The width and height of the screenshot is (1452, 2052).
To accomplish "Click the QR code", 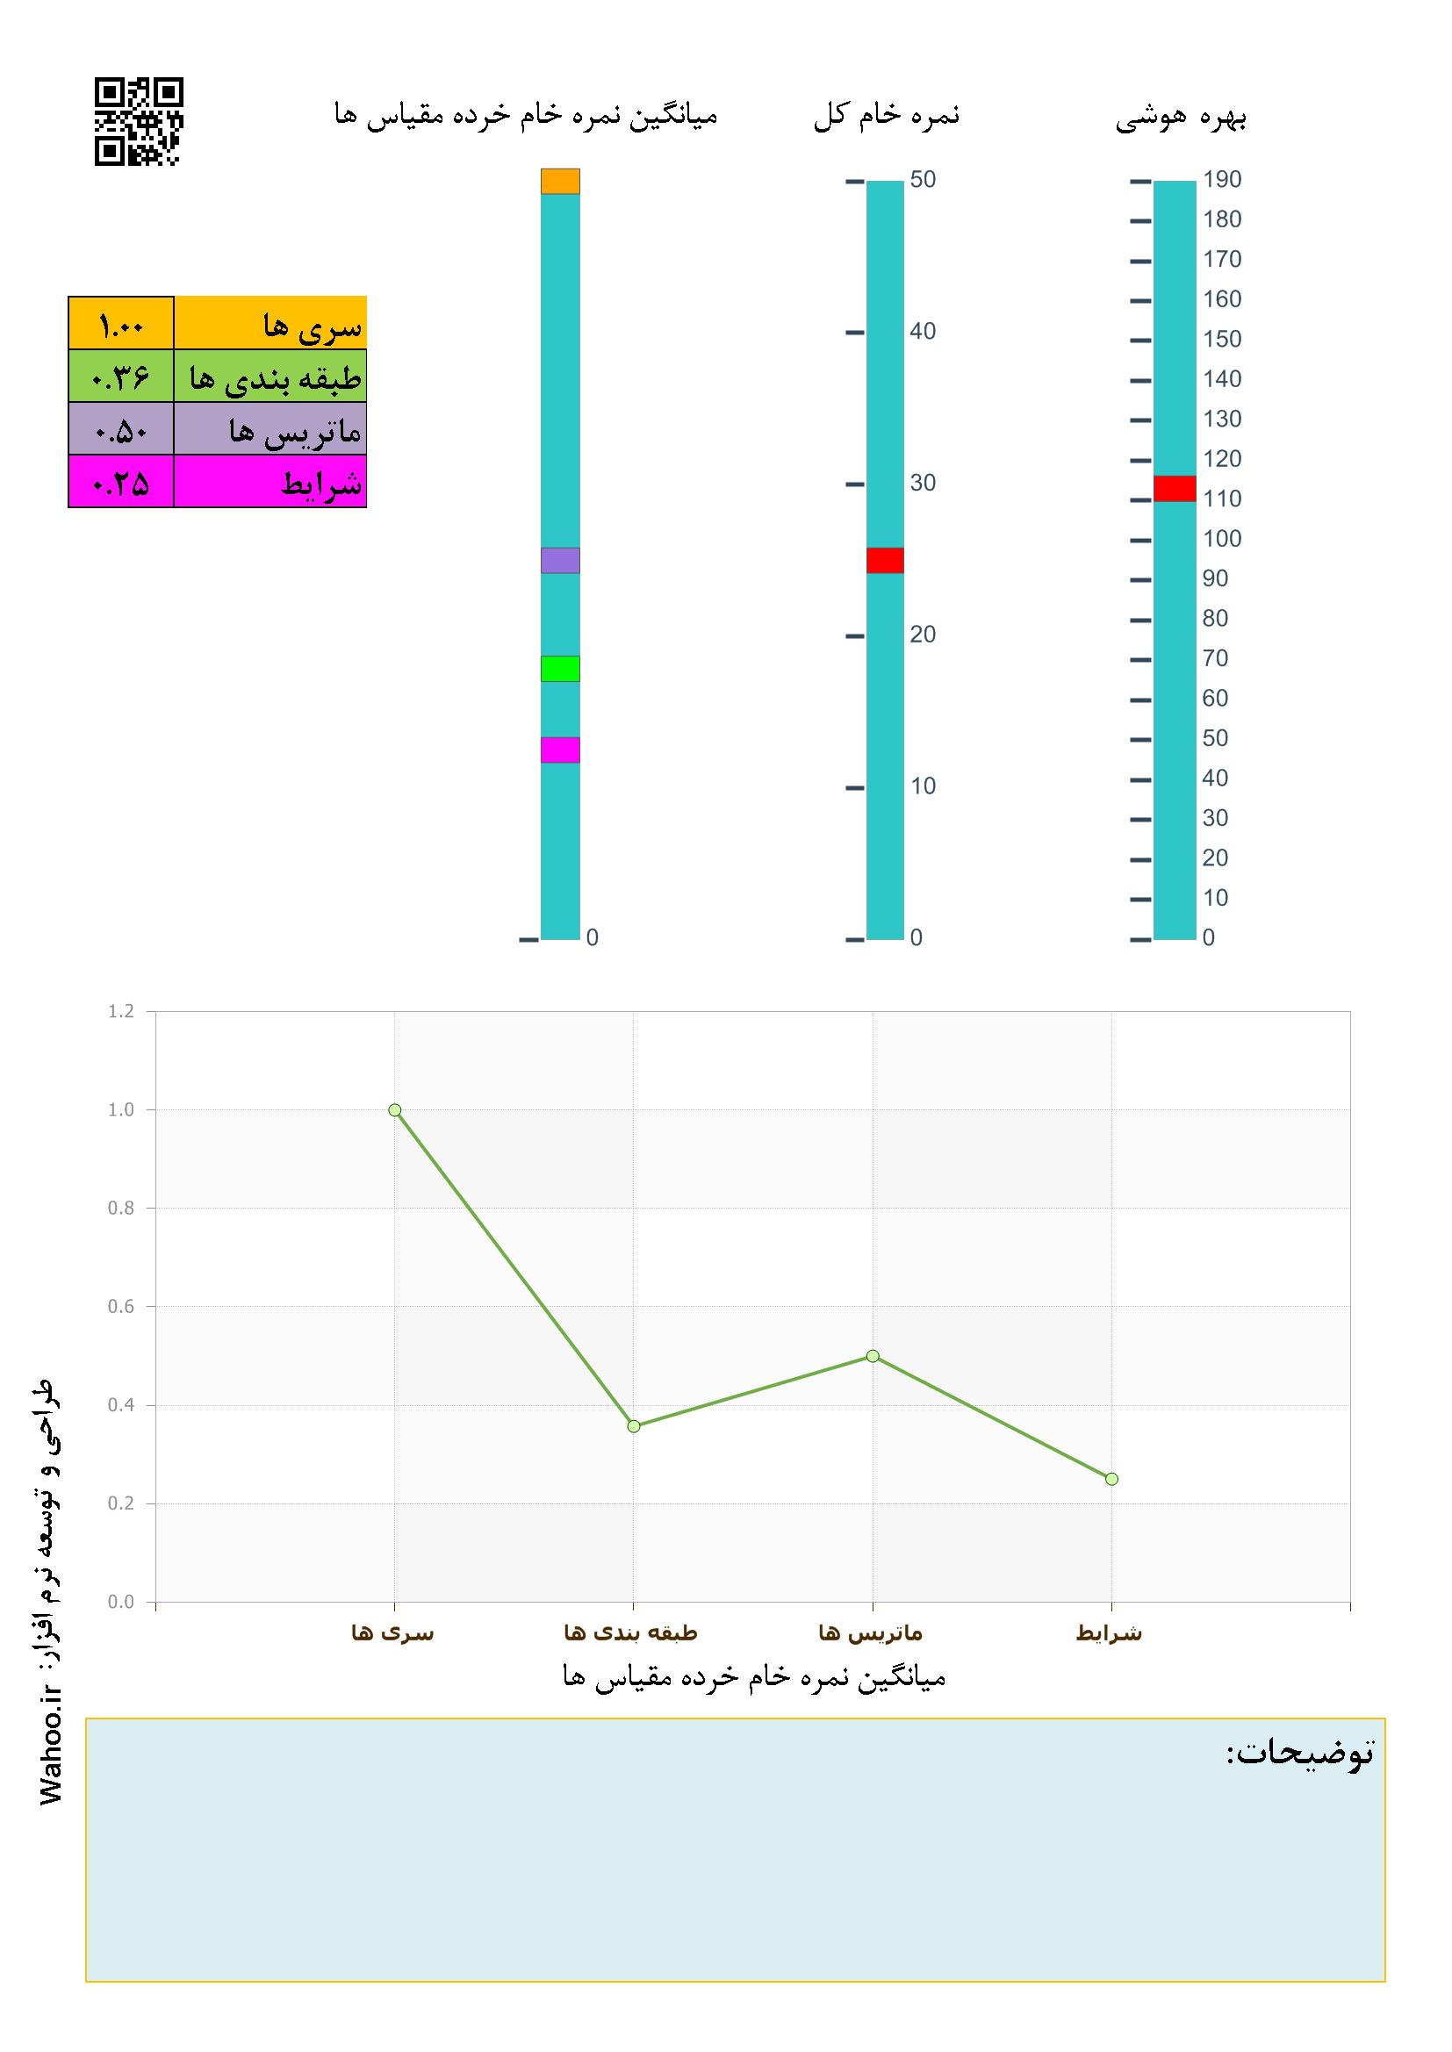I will pos(139,121).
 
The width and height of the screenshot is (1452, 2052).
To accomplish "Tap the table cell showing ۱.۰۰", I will pos(120,324).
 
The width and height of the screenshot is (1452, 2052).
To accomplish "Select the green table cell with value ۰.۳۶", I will pos(120,377).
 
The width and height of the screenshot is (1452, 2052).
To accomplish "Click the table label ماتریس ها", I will pos(270,431).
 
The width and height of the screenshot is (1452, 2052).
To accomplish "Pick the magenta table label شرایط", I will pos(270,484).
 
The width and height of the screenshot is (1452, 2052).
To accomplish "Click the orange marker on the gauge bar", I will pos(560,182).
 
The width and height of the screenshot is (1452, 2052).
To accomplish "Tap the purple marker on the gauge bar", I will pos(560,560).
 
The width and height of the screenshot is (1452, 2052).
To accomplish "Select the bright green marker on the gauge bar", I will pos(560,669).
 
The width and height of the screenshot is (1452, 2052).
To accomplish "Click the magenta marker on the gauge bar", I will pos(560,750).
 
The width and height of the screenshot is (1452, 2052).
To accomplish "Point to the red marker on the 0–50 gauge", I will pos(884,560).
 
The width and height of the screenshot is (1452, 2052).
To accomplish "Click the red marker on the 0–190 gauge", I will pos(1174,489).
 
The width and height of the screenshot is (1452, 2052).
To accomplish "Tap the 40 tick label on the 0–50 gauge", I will pos(923,332).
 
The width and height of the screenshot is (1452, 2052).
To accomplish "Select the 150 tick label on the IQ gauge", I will pos(1221,340).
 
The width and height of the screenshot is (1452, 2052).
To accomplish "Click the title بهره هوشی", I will pos(1181,118).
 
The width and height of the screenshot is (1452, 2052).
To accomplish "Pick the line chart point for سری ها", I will pos(394,1110).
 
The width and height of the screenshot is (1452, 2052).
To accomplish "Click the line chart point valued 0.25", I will pos(1111,1479).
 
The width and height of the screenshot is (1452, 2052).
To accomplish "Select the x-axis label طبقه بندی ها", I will pos(630,1633).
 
